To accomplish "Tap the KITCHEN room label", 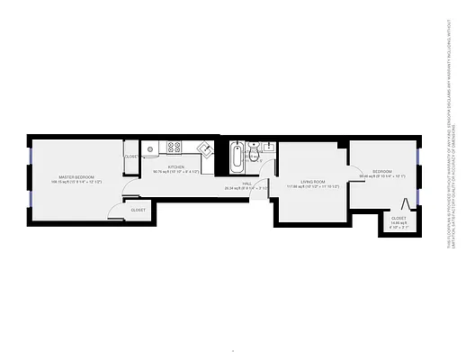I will tap(175, 166).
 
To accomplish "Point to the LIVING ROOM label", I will tap(313, 183).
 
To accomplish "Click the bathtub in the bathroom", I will tap(237, 158).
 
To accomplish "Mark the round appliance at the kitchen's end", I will tap(153, 149).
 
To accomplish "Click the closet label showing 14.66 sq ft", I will tap(398, 218).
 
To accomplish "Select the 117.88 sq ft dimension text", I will tap(313, 187).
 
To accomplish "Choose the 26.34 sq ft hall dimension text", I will tap(246, 188).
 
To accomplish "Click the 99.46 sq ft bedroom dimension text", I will tap(382, 176).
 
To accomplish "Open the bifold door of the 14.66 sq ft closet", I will tap(406, 204).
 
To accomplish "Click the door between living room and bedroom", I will tap(349, 170).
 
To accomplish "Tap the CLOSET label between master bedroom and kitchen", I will tap(131, 157).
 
